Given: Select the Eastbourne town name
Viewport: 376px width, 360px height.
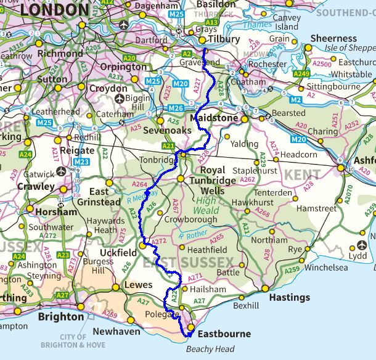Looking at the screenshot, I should coord(224,334).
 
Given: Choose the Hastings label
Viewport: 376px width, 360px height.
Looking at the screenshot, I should coord(290,297).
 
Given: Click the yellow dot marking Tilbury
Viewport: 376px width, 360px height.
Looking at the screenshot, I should coord(203,41).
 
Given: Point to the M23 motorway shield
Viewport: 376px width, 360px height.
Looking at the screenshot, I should coord(81,162).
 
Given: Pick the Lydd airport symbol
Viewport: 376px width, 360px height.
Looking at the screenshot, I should coord(361,245).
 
